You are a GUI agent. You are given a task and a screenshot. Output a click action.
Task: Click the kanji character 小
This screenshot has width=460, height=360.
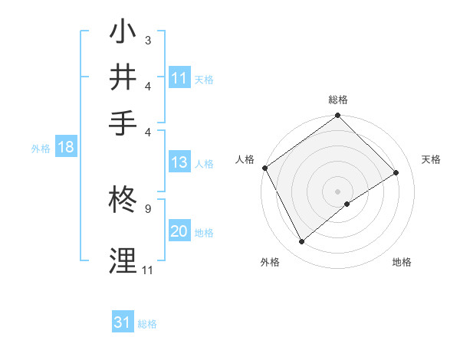pyautogui.click(x=123, y=35)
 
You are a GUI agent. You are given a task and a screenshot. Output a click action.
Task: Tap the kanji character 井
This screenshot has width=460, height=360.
pyautogui.click(x=123, y=78)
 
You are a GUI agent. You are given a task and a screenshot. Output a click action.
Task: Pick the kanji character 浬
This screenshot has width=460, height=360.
pyautogui.click(x=123, y=259)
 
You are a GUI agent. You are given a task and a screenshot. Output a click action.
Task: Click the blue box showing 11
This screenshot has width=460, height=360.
pyautogui.click(x=179, y=78)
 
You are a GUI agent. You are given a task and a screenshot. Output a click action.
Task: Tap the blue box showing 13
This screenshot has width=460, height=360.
pyautogui.click(x=179, y=162)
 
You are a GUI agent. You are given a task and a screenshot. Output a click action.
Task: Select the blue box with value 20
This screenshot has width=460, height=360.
pyautogui.click(x=179, y=231)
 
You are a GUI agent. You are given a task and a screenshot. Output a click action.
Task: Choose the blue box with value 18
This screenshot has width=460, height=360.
pyautogui.click(x=66, y=148)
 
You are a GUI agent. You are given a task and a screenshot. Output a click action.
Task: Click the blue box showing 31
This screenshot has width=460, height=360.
pyautogui.click(x=123, y=322)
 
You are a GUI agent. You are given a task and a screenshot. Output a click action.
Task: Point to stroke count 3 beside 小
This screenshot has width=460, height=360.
pyautogui.click(x=147, y=40)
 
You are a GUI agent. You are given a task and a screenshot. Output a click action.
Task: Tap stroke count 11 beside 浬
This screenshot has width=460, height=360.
pyautogui.click(x=147, y=270)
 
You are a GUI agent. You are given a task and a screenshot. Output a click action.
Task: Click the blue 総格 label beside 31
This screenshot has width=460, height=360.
pyautogui.click(x=147, y=324)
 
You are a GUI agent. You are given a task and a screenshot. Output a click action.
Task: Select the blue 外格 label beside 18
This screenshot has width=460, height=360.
pyautogui.click(x=41, y=149)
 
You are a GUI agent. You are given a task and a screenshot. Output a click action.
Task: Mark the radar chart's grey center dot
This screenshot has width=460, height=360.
pyautogui.click(x=337, y=190)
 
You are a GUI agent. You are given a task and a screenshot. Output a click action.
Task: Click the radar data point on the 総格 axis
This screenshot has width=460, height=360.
pyautogui.click(x=337, y=116)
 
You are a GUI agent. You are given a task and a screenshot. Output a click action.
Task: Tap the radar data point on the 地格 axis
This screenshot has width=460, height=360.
pyautogui.click(x=347, y=204)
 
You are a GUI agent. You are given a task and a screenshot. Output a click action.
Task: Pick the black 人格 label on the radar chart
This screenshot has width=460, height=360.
pyautogui.click(x=245, y=159)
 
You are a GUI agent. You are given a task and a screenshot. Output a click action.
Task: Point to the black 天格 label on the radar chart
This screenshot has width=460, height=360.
pyautogui.click(x=432, y=159)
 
